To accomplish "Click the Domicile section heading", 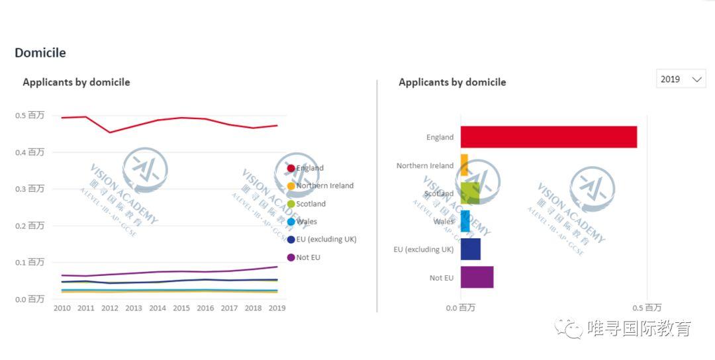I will point(40,53).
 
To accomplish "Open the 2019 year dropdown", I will point(681,79).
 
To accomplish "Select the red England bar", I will point(548,137).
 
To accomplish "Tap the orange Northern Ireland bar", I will point(464,165).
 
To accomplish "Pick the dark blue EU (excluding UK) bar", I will point(470,249).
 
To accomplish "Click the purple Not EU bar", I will point(477,277).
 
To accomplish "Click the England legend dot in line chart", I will point(291,168).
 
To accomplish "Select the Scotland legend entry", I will point(310,204).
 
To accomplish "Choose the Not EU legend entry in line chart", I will point(308,257).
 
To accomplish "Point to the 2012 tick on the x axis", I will point(110,308).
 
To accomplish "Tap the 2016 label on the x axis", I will point(205,308).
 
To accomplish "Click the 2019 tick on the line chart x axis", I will point(277,308).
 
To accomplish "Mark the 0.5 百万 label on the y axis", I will point(30,115).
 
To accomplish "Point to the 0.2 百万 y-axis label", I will point(30,226).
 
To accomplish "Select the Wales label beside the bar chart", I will point(444,222).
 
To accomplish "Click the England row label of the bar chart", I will point(440,138).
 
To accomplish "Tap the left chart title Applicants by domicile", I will point(76,83).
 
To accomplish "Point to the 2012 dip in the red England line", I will point(110,132).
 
